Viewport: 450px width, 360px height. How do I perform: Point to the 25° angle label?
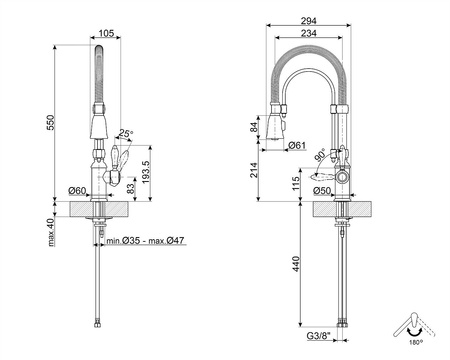pos(125,132)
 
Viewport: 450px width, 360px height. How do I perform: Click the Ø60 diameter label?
pos(76,190)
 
